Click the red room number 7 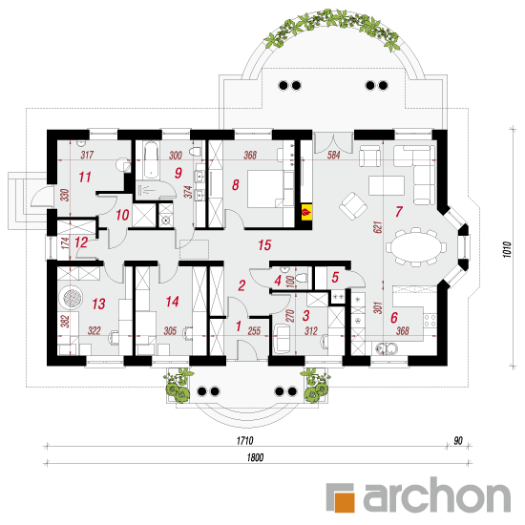coord(398,212)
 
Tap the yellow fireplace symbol coord(306,212)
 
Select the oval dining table coord(416,246)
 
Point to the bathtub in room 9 coord(151,159)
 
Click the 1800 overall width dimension coord(255,457)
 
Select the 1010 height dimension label coord(507,249)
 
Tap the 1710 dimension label coord(244,441)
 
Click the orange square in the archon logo coord(344,501)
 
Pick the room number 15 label coord(264,245)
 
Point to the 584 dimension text coord(334,155)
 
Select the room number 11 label coord(85,178)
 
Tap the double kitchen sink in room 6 coord(386,348)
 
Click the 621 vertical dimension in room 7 coord(377,227)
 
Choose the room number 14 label coord(173,302)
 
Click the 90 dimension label coord(458,441)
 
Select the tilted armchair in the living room coord(353,206)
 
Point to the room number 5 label coord(335,277)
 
